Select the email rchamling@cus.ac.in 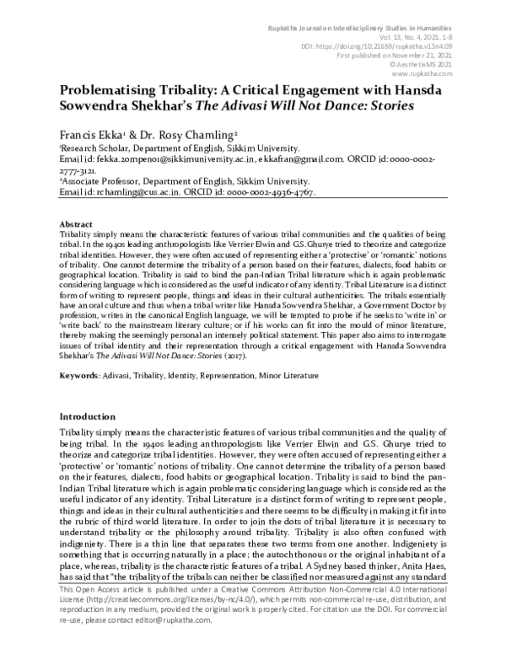(135, 193)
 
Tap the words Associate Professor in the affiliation (100, 180)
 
